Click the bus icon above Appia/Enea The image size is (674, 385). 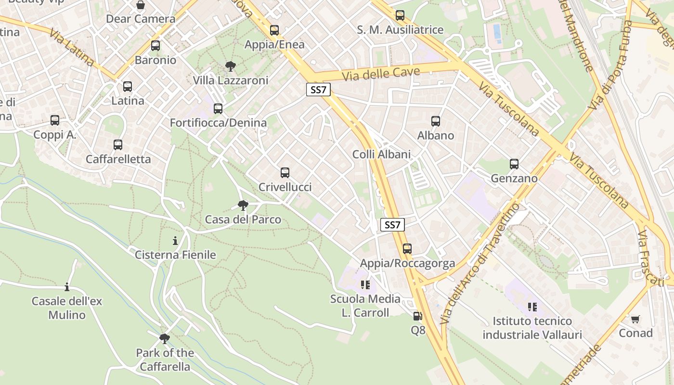(274, 30)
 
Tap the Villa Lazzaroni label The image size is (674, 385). (231, 80)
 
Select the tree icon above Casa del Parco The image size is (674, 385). (243, 206)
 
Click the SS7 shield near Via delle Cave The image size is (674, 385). (318, 90)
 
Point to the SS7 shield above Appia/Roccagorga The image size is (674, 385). (392, 225)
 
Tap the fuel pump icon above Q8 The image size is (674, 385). (417, 316)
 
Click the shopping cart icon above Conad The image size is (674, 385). (635, 319)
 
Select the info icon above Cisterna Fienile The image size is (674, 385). (175, 241)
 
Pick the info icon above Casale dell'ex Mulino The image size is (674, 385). (67, 287)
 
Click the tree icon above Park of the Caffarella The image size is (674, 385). (165, 339)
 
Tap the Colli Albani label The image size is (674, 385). (381, 154)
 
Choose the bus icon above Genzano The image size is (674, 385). (514, 164)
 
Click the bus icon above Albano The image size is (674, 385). (436, 121)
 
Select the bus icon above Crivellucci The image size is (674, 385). (285, 173)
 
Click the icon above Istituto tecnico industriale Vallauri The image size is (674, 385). (532, 307)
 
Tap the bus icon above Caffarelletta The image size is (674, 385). (118, 145)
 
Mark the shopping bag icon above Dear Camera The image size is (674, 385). (141, 5)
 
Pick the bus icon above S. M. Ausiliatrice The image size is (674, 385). (400, 15)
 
